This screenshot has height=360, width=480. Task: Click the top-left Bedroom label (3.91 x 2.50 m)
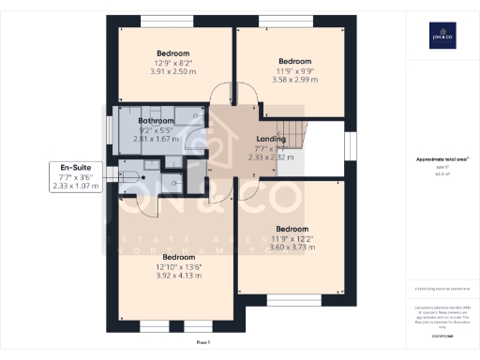coord(173,52)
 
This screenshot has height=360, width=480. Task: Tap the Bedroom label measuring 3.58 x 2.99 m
coord(293,62)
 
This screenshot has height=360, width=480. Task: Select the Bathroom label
coord(156,121)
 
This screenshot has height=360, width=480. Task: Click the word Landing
coord(272,138)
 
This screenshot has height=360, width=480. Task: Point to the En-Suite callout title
coord(75,166)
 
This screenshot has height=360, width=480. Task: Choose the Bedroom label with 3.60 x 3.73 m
coord(292,229)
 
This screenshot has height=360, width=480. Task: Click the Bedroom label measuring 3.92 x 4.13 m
coord(179,256)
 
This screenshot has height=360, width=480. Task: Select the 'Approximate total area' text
coord(442,159)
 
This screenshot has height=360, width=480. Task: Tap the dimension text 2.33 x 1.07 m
coord(75,186)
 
